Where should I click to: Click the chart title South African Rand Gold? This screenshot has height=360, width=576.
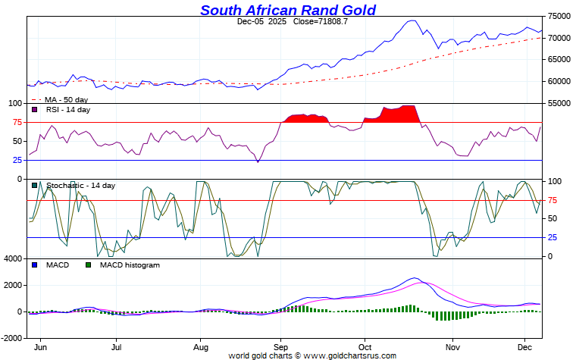point(287,10)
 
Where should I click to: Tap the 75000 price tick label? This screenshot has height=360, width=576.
point(559,16)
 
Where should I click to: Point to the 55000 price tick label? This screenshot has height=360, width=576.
point(559,103)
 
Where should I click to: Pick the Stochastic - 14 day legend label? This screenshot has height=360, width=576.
point(80,186)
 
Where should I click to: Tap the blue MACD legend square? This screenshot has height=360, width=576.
point(34,265)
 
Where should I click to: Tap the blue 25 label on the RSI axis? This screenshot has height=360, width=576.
point(16,160)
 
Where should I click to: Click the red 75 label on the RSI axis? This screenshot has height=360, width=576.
point(16,122)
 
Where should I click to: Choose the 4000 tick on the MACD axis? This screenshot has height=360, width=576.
point(13,259)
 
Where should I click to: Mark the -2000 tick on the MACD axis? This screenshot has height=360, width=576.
point(11,337)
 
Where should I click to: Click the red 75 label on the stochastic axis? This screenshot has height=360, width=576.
point(554,201)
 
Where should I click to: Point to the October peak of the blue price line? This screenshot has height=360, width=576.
point(412,20)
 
